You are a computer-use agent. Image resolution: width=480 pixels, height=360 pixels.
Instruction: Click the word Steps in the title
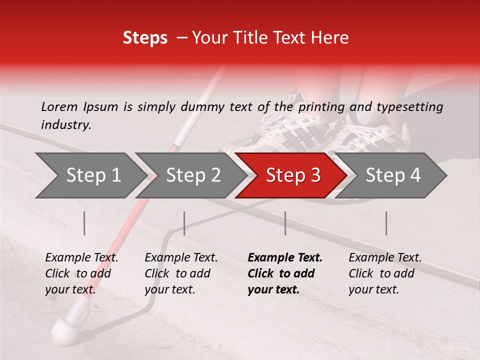[x=145, y=38]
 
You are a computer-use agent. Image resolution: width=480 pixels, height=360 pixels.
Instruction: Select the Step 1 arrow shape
[x=90, y=175]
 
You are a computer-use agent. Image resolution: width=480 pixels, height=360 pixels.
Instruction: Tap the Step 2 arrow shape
[x=192, y=175]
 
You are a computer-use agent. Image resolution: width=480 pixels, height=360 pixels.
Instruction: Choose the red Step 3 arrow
[x=292, y=175]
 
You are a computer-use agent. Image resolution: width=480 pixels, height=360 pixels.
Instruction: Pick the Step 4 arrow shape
[x=392, y=175]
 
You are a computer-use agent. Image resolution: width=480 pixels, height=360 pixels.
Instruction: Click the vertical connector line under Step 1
[x=84, y=223]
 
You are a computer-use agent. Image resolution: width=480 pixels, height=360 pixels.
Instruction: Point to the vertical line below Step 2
[x=184, y=223]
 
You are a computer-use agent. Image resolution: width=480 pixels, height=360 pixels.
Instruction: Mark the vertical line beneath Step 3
[x=285, y=223]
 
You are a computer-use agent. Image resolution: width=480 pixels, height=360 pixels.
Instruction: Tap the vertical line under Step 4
[x=386, y=223]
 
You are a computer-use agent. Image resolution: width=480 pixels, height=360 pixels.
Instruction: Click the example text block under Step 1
[x=81, y=273]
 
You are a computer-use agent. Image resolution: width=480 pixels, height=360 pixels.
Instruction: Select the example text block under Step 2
[x=181, y=273]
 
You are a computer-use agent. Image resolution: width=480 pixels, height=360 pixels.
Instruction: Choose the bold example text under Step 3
[x=284, y=273]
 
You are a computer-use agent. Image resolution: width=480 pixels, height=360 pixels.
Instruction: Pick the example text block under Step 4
[x=385, y=273]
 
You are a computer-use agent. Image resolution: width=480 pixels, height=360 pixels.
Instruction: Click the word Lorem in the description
[x=59, y=107]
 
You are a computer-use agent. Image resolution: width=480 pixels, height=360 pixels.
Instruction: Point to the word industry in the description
[x=66, y=125]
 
